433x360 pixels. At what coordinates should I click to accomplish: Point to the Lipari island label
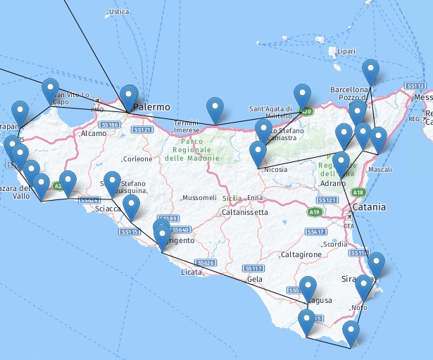pyautogui.click(x=346, y=51)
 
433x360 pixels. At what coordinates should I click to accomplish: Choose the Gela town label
pyautogui.click(x=255, y=279)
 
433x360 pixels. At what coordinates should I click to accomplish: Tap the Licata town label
pyautogui.click(x=191, y=271)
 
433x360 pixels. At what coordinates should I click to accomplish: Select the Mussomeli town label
pyautogui.click(x=199, y=198)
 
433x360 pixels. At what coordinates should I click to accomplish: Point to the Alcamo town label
pyautogui.click(x=94, y=133)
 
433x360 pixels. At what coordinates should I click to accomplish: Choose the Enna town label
pyautogui.click(x=256, y=199)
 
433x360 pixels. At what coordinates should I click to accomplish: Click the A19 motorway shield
pyautogui.click(x=314, y=211)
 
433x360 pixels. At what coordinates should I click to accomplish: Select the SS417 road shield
pyautogui.click(x=315, y=232)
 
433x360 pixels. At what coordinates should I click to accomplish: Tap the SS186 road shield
pyautogui.click(x=109, y=125)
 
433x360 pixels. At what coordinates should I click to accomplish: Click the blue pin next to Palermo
pyautogui.click(x=129, y=97)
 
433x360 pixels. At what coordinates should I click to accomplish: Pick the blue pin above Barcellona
pyautogui.click(x=370, y=72)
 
